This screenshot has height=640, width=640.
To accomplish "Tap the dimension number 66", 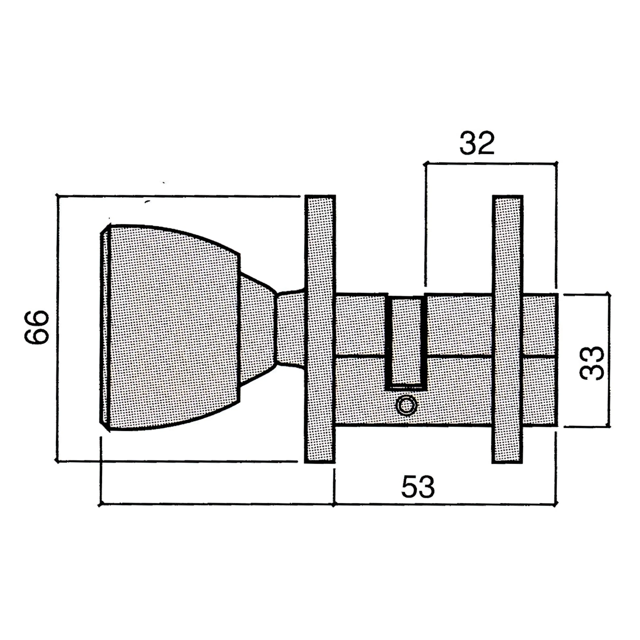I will pos(36,327).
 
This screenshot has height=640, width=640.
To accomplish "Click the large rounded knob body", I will pos(172,328).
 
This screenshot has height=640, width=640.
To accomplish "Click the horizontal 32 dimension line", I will pos(490,163).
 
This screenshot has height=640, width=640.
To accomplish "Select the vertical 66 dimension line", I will pos(58,328).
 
